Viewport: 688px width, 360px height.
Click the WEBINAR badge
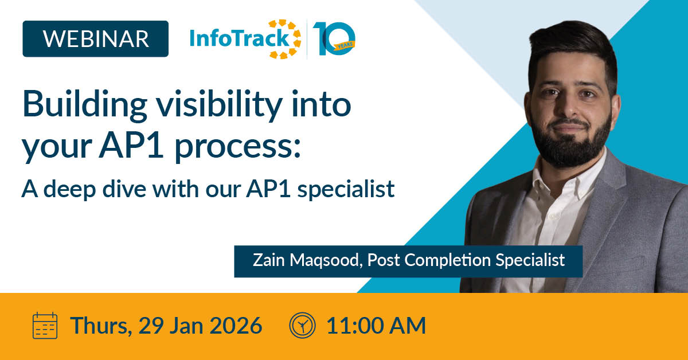96,39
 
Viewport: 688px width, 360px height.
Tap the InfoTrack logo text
240,38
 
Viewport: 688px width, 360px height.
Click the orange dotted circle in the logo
285,39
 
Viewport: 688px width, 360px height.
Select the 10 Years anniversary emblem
334,39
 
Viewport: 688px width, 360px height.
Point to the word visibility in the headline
219,106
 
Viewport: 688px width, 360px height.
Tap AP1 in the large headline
131,144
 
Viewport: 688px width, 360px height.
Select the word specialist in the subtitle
346,189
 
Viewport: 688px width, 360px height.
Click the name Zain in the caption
269,260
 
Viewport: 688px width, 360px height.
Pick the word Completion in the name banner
448,260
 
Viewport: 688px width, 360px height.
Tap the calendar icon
45,325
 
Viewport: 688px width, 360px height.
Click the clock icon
302,325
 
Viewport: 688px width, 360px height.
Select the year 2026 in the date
236,325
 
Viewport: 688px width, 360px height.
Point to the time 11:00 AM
376,325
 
